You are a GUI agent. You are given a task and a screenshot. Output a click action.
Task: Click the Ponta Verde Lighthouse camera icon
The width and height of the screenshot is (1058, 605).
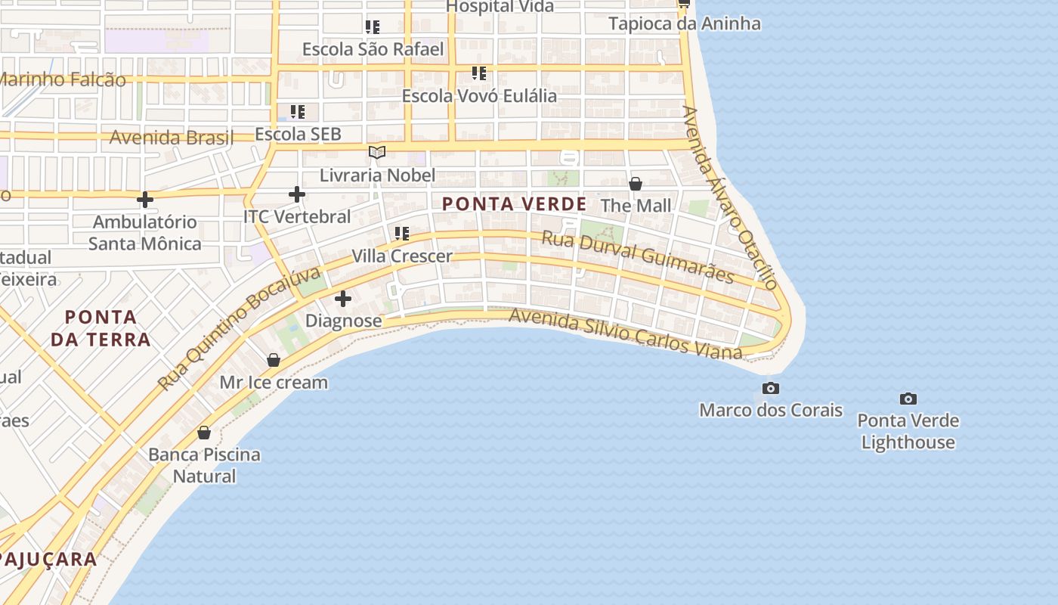(x=908, y=399)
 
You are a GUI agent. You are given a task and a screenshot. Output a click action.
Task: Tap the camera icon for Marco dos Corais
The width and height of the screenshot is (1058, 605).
(x=770, y=389)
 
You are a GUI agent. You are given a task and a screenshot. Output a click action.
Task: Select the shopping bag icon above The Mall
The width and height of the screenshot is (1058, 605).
(x=636, y=184)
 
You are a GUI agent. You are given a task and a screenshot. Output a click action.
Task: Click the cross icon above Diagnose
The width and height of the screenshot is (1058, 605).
(x=342, y=299)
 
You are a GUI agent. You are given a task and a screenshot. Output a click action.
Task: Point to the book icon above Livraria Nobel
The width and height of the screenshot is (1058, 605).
(x=377, y=153)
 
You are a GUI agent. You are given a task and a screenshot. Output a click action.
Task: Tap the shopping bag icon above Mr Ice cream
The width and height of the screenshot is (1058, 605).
(x=274, y=360)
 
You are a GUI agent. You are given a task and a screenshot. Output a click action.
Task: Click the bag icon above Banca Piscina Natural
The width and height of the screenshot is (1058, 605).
(x=203, y=433)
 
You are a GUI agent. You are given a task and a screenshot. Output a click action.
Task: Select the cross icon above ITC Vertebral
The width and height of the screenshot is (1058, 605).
(x=297, y=194)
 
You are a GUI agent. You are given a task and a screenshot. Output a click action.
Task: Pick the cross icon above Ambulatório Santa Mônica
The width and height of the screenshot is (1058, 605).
(x=144, y=200)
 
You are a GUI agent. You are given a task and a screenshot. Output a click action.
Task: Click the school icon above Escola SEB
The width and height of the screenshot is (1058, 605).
(x=298, y=112)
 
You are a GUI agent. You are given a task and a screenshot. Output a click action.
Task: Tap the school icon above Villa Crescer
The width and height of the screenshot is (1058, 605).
(x=401, y=234)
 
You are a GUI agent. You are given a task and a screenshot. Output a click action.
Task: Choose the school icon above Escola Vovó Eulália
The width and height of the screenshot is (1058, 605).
(x=478, y=73)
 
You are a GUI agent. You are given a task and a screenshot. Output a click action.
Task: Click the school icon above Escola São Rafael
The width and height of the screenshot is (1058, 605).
(x=372, y=27)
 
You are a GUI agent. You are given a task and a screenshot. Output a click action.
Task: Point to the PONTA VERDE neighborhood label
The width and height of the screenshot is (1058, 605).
(x=514, y=204)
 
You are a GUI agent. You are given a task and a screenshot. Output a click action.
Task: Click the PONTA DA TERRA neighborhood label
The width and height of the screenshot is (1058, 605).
(x=101, y=327)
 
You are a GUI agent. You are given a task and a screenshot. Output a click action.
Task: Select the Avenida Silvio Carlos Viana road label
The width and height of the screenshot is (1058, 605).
(x=626, y=333)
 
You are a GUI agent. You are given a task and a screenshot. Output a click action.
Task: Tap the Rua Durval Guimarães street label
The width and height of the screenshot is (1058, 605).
(x=638, y=257)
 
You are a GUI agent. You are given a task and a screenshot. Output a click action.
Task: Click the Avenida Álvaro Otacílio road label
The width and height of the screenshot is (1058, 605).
(x=729, y=198)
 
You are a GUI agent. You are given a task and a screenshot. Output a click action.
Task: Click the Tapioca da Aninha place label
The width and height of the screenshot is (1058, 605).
(x=685, y=23)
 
